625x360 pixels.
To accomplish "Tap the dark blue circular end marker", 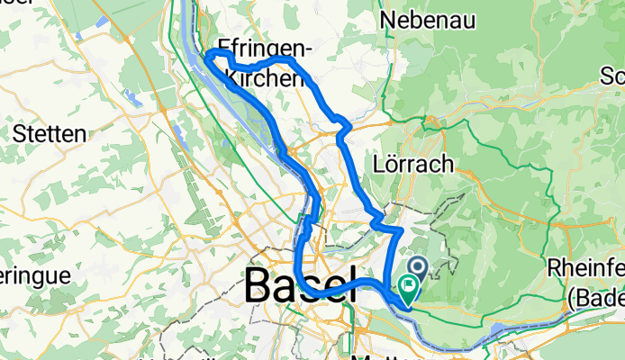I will (x=419, y=265).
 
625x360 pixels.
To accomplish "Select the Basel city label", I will (x=294, y=286).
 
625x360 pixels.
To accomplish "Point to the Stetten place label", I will (x=50, y=134).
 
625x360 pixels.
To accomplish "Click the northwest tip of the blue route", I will (x=209, y=55).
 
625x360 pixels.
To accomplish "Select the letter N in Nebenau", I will (x=388, y=19).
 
